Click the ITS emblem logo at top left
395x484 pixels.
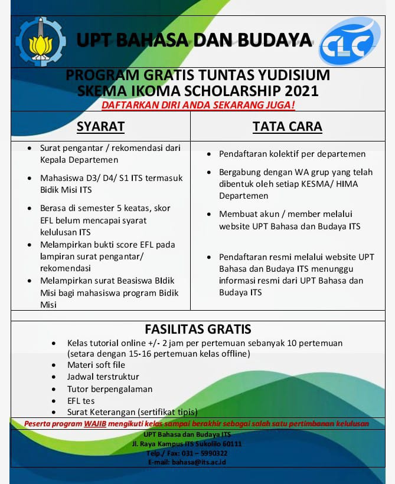[41, 41]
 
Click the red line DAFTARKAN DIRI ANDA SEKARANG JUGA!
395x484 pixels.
[198, 105]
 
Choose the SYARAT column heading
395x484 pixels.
[100, 127]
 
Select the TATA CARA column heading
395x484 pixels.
[287, 127]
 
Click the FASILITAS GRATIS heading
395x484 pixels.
[198, 328]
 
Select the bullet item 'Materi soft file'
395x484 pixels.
[96, 365]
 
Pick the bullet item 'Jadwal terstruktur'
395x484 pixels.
[103, 377]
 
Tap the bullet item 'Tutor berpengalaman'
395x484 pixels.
[110, 388]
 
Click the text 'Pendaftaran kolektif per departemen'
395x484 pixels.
[292, 154]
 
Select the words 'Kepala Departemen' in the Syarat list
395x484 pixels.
[79, 160]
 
